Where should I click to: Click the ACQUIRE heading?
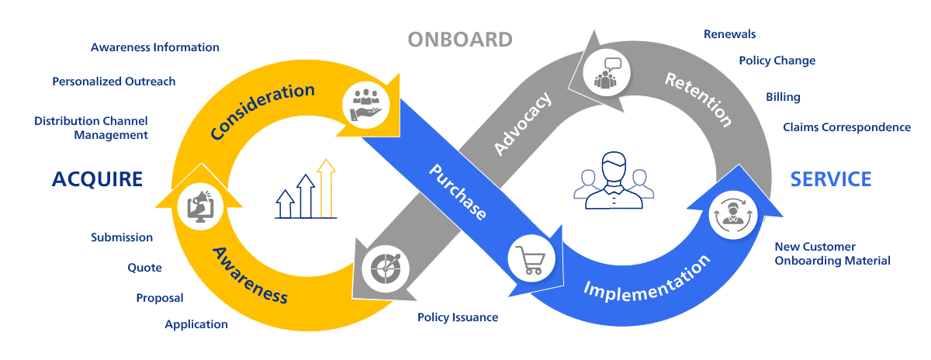pos(97,179)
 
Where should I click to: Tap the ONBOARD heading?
pos(460,39)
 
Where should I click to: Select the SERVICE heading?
pos(831,179)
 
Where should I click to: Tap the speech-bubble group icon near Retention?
pos(607,71)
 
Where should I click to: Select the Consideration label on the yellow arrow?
pos(262,112)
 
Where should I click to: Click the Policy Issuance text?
pos(458,317)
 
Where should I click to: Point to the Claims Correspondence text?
pos(846,127)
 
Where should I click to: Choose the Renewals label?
pos(729,34)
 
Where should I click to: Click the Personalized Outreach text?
pos(113,81)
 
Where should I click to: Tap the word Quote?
pos(145,268)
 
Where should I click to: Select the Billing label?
pos(783,97)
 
